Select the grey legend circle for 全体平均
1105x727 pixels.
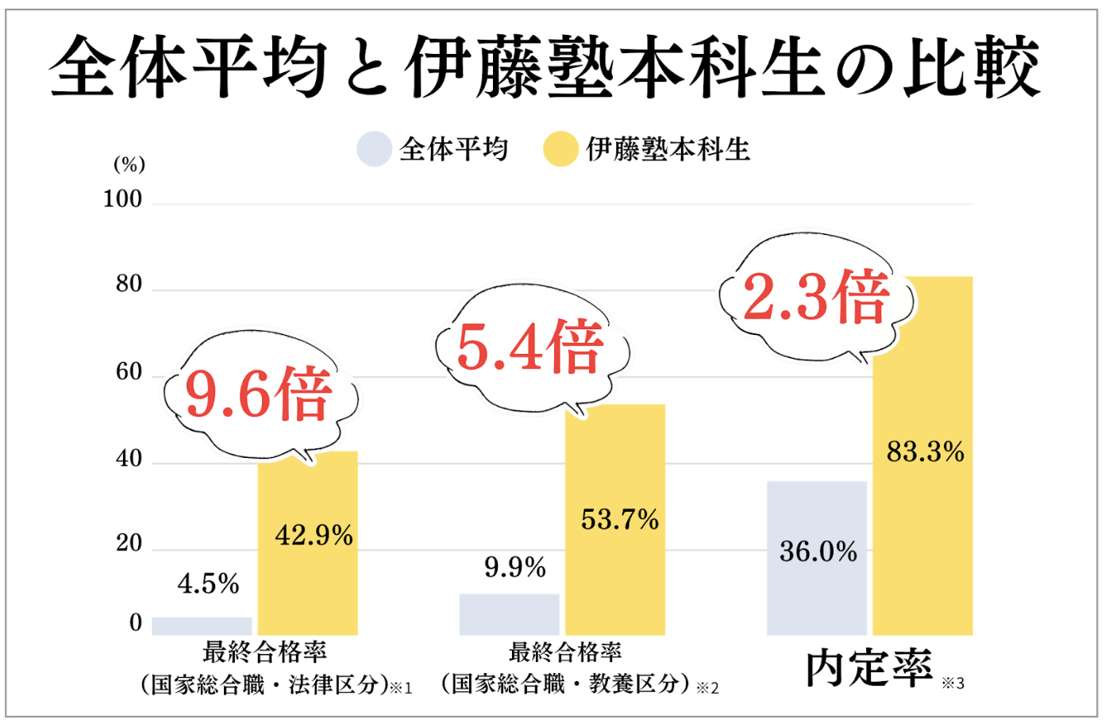coord(374,148)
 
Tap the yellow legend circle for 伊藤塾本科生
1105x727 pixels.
coord(560,148)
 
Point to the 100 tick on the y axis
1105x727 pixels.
coord(122,199)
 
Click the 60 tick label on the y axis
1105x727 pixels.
coord(129,371)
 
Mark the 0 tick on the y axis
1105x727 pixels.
coord(136,623)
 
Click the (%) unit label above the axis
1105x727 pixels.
coord(129,164)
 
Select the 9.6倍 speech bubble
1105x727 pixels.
coord(260,394)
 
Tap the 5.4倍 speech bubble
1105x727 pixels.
coord(530,348)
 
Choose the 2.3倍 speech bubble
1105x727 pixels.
coord(816,298)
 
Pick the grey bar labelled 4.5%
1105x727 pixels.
coord(202,626)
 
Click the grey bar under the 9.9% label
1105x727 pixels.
coord(509,614)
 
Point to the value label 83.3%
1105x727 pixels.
coord(925,452)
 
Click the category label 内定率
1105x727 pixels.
coord(869,668)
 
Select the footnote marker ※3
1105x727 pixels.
coord(953,683)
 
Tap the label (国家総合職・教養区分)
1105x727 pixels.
coord(566,683)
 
